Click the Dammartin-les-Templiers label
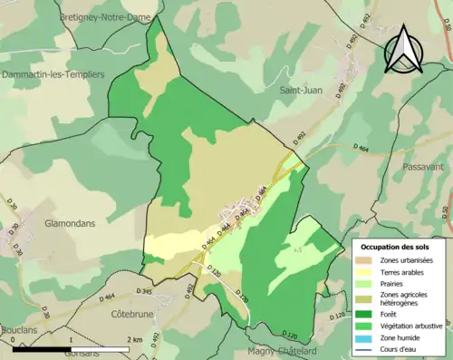[53, 73]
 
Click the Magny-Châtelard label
[281, 351]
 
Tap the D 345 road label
[143, 291]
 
